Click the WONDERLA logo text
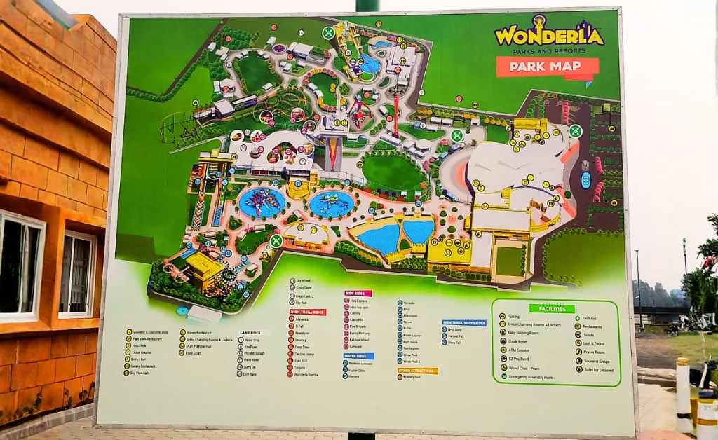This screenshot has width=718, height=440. pyautogui.click(x=548, y=36)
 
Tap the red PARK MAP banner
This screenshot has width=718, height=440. pyautogui.click(x=548, y=67)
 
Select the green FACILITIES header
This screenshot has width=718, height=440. pyautogui.click(x=551, y=308)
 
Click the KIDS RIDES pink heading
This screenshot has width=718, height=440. pyautogui.click(x=358, y=293)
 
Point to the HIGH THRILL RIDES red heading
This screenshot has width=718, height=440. pyautogui.click(x=307, y=312)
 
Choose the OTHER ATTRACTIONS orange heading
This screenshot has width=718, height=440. pyautogui.click(x=418, y=370)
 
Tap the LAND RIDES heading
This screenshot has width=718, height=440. pyautogui.click(x=254, y=334)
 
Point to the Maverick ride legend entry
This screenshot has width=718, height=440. pyautogui.click(x=299, y=320)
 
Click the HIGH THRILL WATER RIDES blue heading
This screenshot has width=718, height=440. pyautogui.click(x=464, y=323)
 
